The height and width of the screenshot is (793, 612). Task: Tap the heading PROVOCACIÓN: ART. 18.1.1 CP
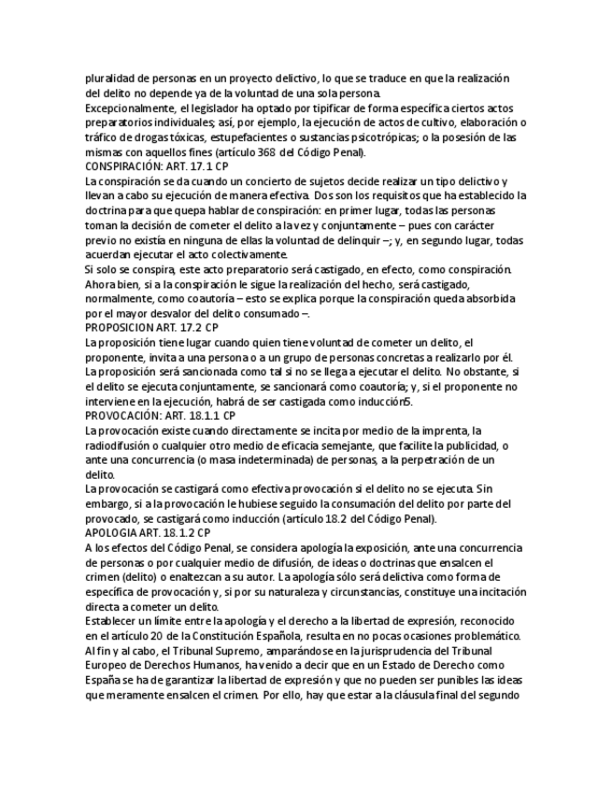[160, 415]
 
